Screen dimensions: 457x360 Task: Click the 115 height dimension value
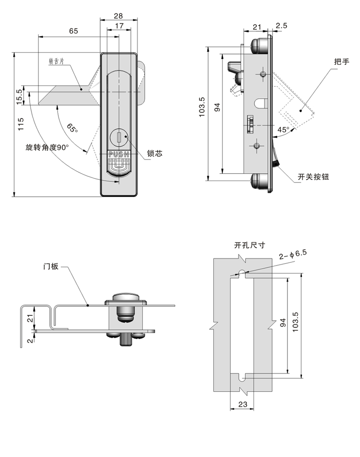tap(20, 124)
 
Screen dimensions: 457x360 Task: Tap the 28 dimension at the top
tap(118, 16)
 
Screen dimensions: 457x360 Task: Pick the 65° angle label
tap(72, 128)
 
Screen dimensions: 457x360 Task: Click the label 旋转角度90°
tap(47, 148)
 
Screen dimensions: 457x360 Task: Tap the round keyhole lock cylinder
tap(119, 137)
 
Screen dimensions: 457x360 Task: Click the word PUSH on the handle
tap(119, 154)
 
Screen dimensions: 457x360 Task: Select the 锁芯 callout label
tap(155, 154)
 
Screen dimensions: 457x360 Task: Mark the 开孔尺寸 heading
tap(249, 245)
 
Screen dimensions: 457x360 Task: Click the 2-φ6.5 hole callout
tap(292, 253)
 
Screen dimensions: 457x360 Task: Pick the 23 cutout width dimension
tap(242, 404)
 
